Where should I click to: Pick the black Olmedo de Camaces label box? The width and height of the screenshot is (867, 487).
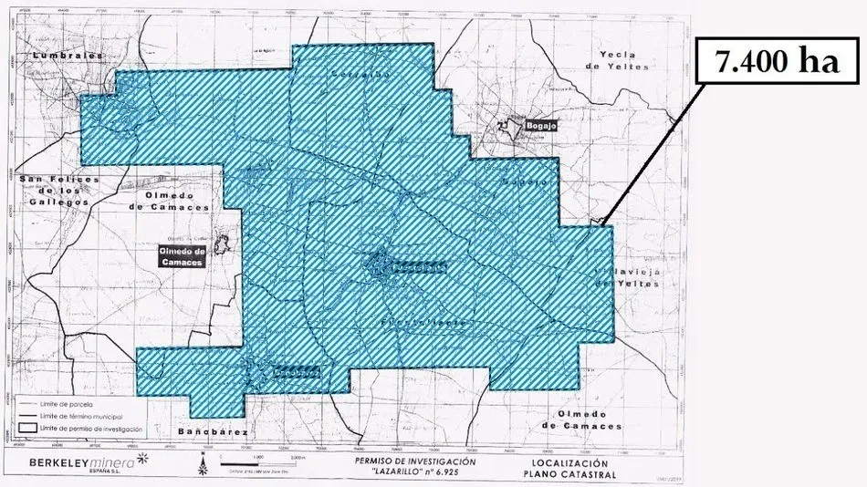tap(181, 255)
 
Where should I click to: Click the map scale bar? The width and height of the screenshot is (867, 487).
tap(260, 461)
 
